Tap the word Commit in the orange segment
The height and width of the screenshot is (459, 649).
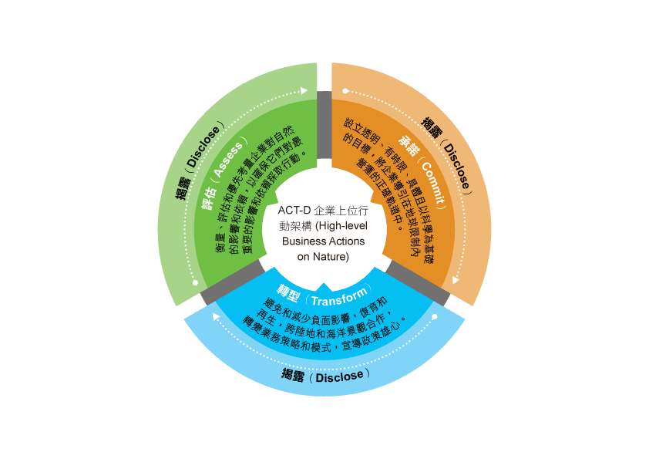pyautogui.click(x=432, y=181)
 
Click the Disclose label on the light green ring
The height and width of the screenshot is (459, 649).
pyautogui.click(x=203, y=147)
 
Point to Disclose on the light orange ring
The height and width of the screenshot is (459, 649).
pyautogui.click(x=457, y=165)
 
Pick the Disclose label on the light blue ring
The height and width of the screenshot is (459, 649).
pyautogui.click(x=339, y=376)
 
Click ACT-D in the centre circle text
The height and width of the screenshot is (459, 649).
pyautogui.click(x=294, y=211)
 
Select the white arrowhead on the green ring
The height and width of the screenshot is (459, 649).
pyautogui.click(x=304, y=90)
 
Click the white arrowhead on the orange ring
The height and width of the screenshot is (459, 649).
pyautogui.click(x=456, y=281)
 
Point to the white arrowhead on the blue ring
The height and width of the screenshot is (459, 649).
pyautogui.click(x=216, y=316)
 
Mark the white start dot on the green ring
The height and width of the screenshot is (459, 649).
pyautogui.click(x=195, y=282)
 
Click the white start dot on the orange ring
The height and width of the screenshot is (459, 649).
pyautogui.click(x=345, y=91)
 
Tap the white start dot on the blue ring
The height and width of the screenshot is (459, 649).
pyautogui.click(x=435, y=317)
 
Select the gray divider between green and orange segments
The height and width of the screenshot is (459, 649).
pyautogui.click(x=324, y=125)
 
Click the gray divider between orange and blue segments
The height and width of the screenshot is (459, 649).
pyautogui.click(x=417, y=283)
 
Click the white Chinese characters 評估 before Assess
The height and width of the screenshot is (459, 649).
pyautogui.click(x=209, y=199)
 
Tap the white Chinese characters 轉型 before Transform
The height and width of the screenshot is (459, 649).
pyautogui.click(x=288, y=292)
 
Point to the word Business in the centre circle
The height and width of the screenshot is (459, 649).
pyautogui.click(x=302, y=241)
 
